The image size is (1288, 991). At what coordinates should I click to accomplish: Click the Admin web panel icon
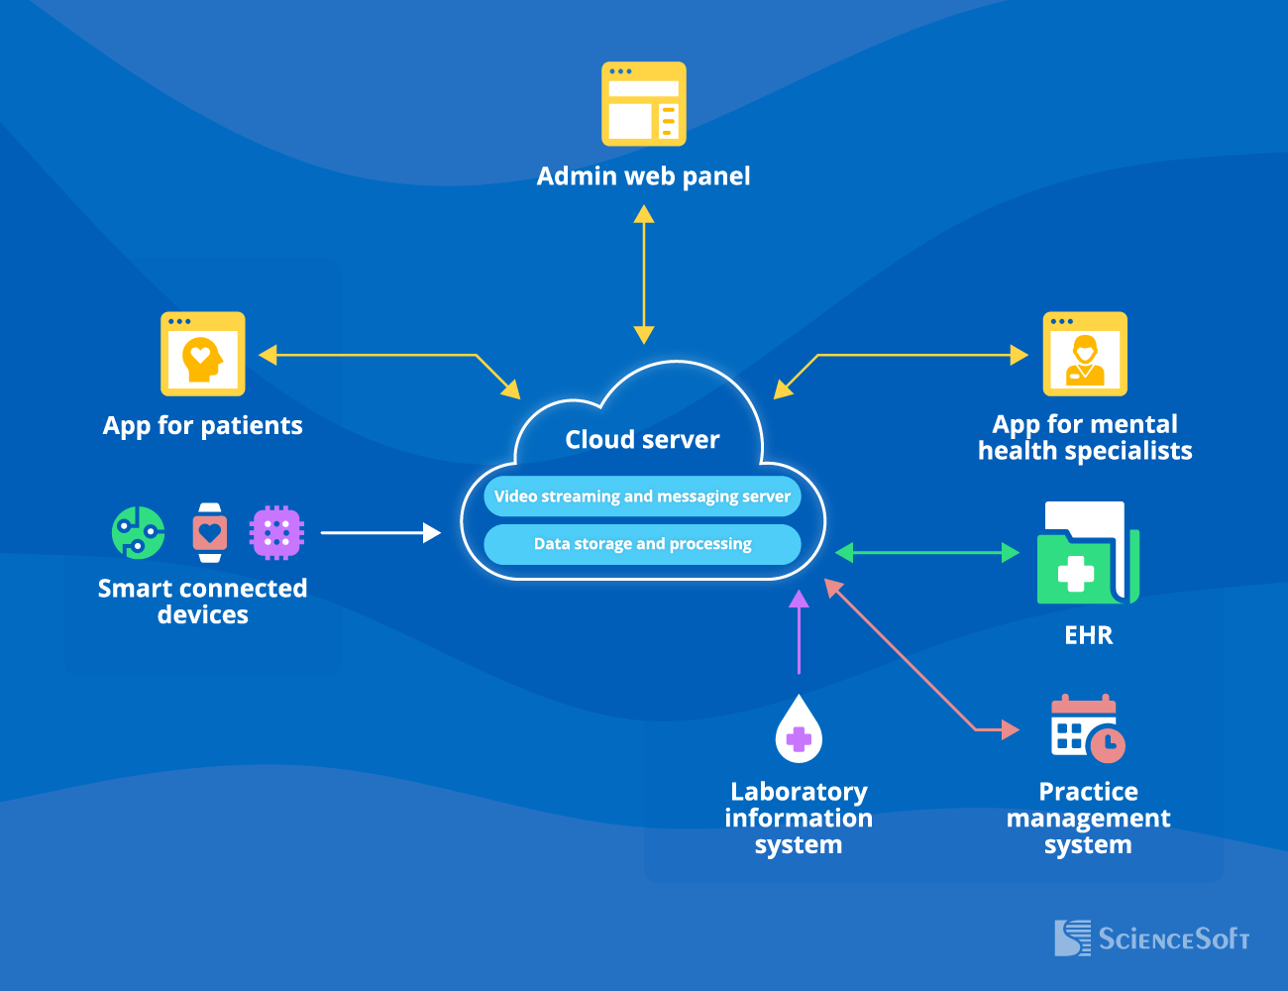[644, 104]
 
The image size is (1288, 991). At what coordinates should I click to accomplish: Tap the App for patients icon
[203, 354]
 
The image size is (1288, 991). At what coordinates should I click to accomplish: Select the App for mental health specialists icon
[1085, 354]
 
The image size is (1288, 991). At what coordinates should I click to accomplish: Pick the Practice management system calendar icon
[1087, 728]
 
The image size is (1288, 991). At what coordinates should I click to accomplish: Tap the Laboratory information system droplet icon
[799, 730]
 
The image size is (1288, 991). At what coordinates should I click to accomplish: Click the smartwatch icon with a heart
[209, 533]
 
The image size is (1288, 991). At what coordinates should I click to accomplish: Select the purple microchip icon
[276, 533]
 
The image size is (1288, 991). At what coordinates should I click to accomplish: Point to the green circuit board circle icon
[139, 533]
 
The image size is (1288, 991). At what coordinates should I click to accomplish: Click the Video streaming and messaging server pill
[642, 496]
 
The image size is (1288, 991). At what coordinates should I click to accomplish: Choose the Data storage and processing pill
[642, 544]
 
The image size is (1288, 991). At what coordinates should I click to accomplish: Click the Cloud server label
[642, 440]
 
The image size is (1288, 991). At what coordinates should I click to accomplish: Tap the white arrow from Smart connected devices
[380, 533]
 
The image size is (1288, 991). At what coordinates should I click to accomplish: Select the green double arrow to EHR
[927, 553]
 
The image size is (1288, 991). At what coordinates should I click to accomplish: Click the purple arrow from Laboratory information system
[799, 634]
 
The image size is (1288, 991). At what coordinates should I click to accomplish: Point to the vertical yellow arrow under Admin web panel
[644, 275]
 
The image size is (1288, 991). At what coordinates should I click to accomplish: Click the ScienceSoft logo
[1151, 937]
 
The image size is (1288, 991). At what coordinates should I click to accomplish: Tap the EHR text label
[1088, 635]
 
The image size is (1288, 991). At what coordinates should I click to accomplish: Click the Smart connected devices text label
[202, 602]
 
